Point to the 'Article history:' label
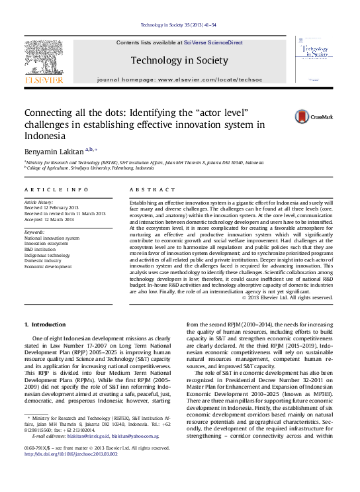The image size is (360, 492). pos(38,201)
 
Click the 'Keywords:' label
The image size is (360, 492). pos(34,232)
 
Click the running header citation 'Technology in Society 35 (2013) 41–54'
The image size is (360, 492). pos(179,26)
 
